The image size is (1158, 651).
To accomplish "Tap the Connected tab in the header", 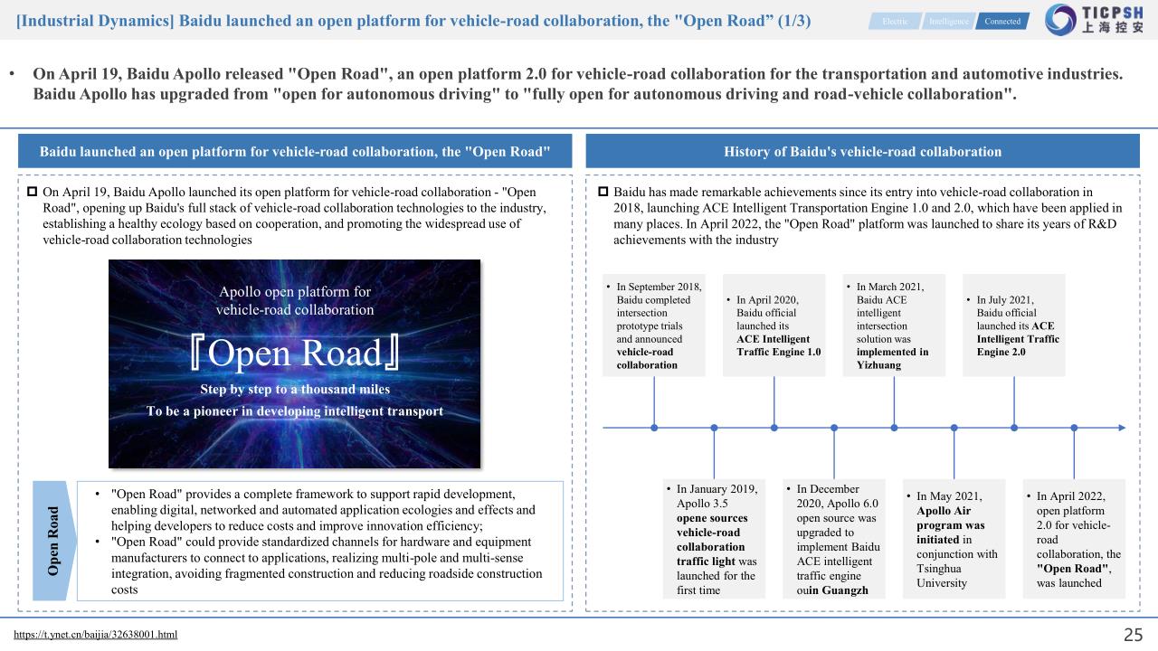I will (x=1001, y=21).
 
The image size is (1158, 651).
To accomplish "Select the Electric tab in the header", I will (x=895, y=21).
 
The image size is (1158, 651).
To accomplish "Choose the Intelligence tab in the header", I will (x=948, y=21).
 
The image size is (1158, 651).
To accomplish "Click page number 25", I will (x=1133, y=635).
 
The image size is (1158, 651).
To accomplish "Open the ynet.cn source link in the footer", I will (x=96, y=635).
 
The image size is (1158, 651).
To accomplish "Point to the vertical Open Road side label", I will (x=53, y=541).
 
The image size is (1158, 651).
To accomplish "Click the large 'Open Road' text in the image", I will (x=295, y=354).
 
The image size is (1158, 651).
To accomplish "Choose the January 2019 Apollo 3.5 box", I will (x=714, y=539).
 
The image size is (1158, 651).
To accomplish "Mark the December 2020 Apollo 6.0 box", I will (x=833, y=539).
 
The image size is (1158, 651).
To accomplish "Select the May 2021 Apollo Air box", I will (x=954, y=539).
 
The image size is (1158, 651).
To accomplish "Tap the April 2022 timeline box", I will (x=1074, y=539).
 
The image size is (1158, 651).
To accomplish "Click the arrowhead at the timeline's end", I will (x=1122, y=427).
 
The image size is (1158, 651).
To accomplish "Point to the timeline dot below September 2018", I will (x=654, y=427).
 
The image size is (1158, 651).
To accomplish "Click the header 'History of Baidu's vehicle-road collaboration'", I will (x=862, y=151).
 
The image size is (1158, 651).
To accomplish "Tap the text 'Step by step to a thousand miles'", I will (x=295, y=390).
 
